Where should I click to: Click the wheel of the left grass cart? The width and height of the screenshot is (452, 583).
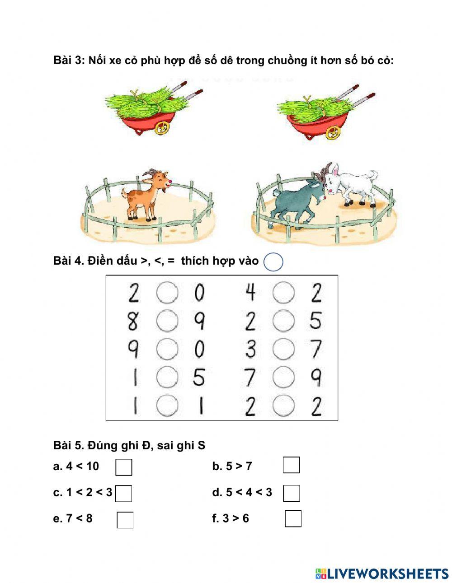click(x=162, y=128)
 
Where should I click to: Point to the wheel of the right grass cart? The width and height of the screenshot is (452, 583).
click(x=334, y=132)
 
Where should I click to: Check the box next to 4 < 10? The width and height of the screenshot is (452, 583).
click(x=123, y=467)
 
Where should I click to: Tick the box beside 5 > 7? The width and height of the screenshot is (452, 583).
click(x=291, y=465)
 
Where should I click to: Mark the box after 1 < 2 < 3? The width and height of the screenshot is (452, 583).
click(x=123, y=493)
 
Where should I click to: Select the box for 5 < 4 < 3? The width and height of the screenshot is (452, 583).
click(x=291, y=493)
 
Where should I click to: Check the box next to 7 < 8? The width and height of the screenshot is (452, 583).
click(x=125, y=520)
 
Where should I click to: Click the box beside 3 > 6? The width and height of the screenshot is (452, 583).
click(x=293, y=518)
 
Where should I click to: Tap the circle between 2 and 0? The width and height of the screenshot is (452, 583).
click(x=167, y=293)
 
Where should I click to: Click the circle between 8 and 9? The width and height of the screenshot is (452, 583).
click(x=167, y=321)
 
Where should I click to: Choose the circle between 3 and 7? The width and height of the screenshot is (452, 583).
click(x=283, y=349)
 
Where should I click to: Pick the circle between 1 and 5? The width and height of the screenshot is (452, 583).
click(x=167, y=377)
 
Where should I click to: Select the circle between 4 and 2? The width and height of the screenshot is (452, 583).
click(x=283, y=293)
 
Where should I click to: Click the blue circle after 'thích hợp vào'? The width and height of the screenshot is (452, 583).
click(x=273, y=262)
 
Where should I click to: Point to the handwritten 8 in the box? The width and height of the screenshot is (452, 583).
click(x=133, y=322)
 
